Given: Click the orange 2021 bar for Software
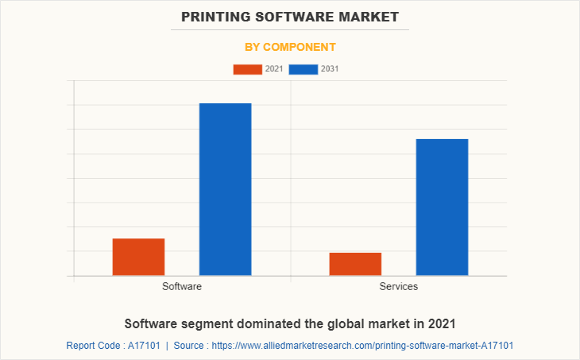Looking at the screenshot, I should click(x=138, y=257).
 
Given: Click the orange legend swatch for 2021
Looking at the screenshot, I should click(x=247, y=69).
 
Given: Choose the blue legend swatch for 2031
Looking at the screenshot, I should click(x=304, y=69).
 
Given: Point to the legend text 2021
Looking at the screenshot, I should click(x=274, y=69).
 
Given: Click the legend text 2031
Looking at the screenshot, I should click(x=330, y=69).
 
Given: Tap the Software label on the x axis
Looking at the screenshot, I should click(x=182, y=286).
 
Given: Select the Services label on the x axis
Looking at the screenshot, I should click(x=399, y=286).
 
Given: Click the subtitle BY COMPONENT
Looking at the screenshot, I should click(x=290, y=47).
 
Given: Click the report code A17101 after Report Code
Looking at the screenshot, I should click(x=145, y=346).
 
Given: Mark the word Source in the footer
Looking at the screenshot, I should click(x=190, y=346).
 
